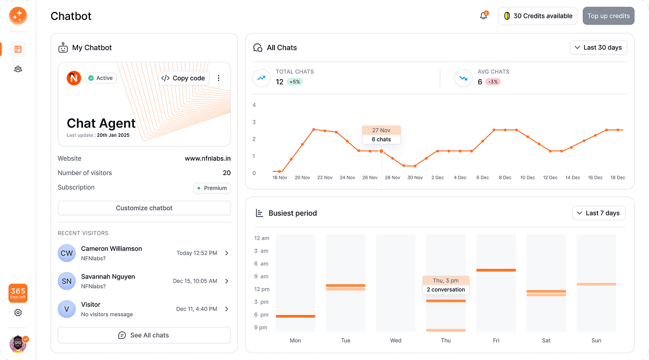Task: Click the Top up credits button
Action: point(608,16)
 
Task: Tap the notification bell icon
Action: point(483,16)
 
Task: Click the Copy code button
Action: point(183,78)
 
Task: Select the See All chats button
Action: point(144,335)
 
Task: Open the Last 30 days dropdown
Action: point(598,47)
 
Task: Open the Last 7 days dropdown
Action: point(598,213)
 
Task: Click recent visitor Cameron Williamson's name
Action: point(112,249)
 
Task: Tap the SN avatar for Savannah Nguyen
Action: point(67,281)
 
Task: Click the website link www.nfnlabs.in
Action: point(207,158)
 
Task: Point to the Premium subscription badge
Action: point(212,188)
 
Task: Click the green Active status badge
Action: point(101,78)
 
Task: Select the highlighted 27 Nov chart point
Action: point(381,151)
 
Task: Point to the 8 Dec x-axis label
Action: point(505,178)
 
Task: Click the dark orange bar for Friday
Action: point(496,270)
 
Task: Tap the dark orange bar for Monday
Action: point(295,316)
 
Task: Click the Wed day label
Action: point(396,341)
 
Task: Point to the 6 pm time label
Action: point(261,314)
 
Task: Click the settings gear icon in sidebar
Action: point(18,313)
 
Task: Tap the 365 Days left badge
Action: point(18,293)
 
